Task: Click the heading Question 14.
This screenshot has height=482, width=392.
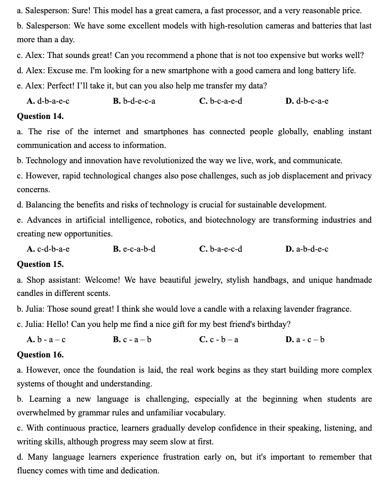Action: tap(40, 116)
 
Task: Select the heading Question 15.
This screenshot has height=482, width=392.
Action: tap(40, 264)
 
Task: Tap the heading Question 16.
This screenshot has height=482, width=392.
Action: tap(40, 354)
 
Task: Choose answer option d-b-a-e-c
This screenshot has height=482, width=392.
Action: tap(48, 101)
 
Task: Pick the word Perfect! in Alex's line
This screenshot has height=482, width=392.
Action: tap(63, 86)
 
